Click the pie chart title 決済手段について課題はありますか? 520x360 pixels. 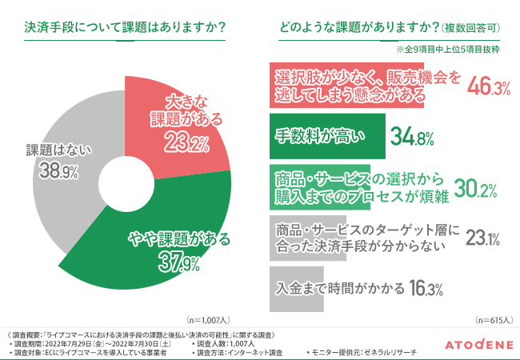coord(124,27)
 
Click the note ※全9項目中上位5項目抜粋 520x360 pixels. coord(447,50)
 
